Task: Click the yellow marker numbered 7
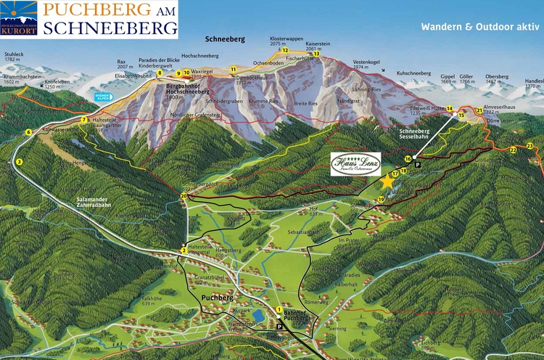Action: pyautogui.click(x=84, y=120)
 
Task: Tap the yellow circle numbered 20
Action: pyautogui.click(x=184, y=196)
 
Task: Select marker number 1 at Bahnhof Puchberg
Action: pyautogui.click(x=279, y=310)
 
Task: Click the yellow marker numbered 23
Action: pyautogui.click(x=529, y=146)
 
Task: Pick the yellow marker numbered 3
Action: pyautogui.click(x=19, y=161)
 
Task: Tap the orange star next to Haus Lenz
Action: pyautogui.click(x=387, y=182)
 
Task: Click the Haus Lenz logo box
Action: pyautogui.click(x=355, y=163)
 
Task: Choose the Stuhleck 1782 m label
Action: pyautogui.click(x=15, y=57)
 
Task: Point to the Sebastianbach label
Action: pyautogui.click(x=304, y=232)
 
